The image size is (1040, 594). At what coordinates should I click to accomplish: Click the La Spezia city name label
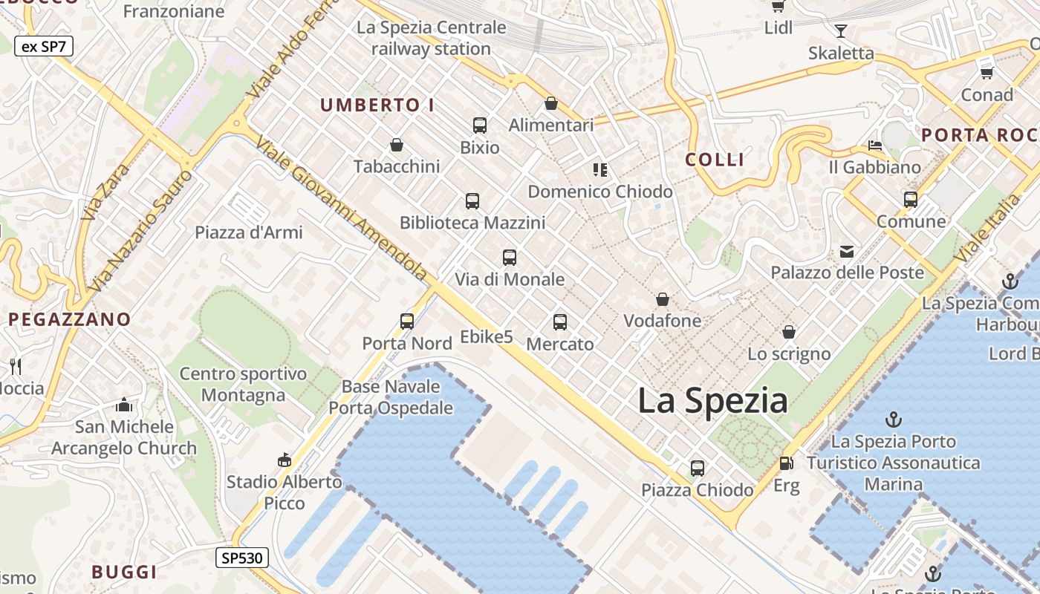click(x=712, y=401)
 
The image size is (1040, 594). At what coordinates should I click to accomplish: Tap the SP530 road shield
click(x=242, y=558)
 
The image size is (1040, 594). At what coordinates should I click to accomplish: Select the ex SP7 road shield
click(x=43, y=46)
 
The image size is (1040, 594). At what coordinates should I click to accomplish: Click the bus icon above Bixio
click(x=480, y=125)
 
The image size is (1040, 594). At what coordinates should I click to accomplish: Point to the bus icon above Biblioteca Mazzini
click(x=472, y=200)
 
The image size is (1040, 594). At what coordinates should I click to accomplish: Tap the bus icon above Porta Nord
click(x=407, y=321)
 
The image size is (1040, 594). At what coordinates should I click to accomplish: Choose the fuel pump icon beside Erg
click(x=786, y=463)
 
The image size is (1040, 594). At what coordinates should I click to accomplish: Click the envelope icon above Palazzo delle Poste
click(x=847, y=251)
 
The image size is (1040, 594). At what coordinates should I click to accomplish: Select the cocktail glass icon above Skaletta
click(x=841, y=31)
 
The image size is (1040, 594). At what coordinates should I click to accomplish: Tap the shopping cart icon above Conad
click(x=987, y=73)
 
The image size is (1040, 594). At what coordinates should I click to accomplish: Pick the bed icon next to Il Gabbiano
click(x=875, y=146)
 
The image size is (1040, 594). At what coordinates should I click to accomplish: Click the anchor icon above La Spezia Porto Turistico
click(x=894, y=420)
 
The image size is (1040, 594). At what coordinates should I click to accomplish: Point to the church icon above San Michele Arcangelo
click(x=124, y=405)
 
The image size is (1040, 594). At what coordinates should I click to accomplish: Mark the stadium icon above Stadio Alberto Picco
click(x=284, y=460)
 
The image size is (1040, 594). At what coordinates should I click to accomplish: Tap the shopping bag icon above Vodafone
click(x=663, y=299)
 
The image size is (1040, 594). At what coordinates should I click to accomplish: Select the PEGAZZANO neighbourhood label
click(x=70, y=319)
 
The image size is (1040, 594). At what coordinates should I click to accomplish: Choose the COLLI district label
click(x=715, y=160)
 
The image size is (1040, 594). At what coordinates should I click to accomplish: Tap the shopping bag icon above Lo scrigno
click(x=789, y=332)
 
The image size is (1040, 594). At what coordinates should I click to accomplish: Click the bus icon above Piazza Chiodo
click(x=698, y=468)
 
